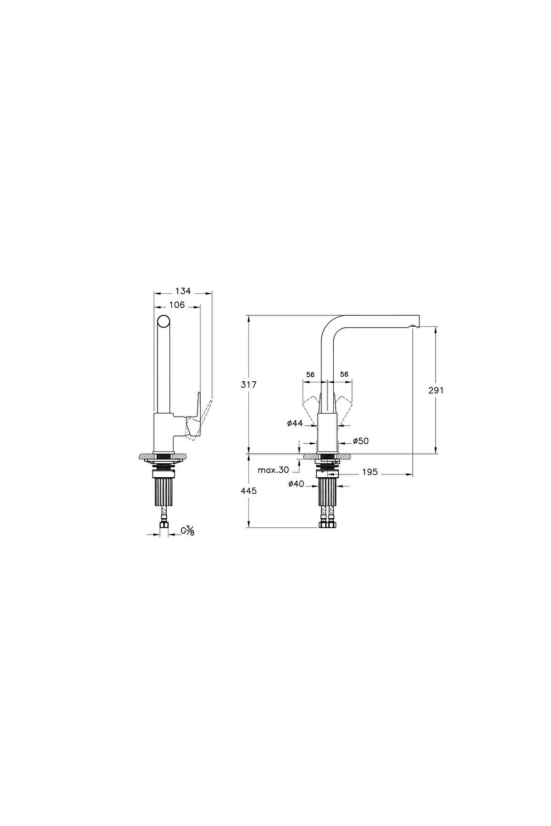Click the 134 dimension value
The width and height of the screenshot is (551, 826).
click(183, 291)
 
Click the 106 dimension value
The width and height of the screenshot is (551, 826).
click(177, 305)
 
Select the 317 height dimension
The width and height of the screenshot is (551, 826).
click(249, 385)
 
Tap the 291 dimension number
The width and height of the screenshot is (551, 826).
click(436, 390)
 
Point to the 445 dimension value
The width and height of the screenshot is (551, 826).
click(249, 491)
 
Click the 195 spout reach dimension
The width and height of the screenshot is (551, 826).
click(370, 472)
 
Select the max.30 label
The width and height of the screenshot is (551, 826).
click(273, 470)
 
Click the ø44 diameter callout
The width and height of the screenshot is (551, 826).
click(295, 424)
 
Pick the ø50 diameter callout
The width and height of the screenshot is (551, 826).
click(361, 441)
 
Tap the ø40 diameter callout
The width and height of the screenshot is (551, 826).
click(296, 484)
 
